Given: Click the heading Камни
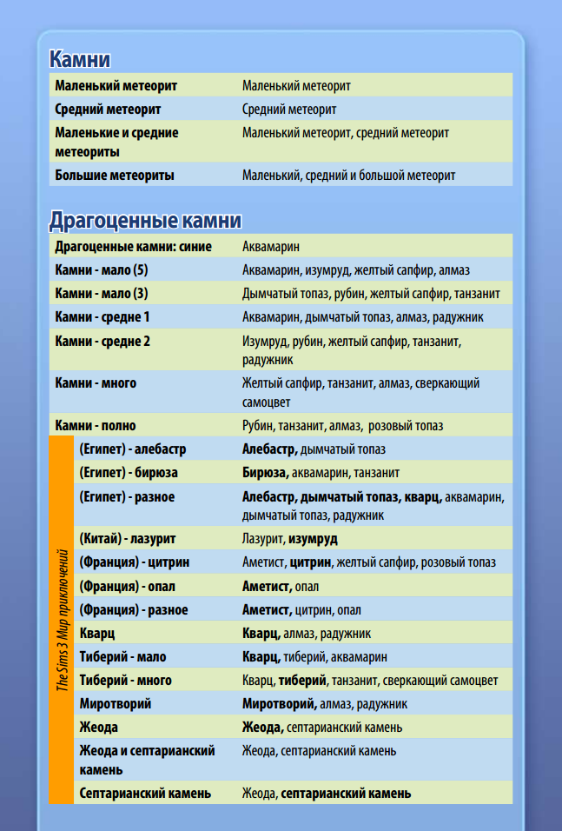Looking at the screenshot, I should coord(79,59).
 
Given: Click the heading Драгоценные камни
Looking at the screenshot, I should coord(144,220).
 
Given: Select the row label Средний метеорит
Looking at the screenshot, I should coord(108,110).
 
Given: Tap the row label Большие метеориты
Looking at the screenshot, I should coord(115,175).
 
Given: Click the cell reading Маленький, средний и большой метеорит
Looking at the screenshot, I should coord(348,175).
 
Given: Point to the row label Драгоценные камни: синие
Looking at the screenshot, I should coord(133,246).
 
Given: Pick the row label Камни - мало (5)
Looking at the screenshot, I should coord(102,269).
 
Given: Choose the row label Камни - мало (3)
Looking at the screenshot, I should coord(102,293).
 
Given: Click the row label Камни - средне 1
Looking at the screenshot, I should coord(102,316).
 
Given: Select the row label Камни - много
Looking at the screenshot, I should coord(96,382).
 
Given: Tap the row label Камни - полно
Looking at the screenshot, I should coord(96,426).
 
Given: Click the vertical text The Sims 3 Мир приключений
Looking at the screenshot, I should coord(62,619).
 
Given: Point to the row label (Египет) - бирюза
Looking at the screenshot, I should coord(129,473).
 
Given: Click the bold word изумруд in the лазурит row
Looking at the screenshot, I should coord(313,539).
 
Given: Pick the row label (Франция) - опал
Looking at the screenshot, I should coord(127,586).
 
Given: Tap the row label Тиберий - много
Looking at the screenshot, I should coord(125,680).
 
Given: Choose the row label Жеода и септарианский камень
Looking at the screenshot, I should coord(147,759).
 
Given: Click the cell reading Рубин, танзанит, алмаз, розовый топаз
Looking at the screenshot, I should coord(342,426).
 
